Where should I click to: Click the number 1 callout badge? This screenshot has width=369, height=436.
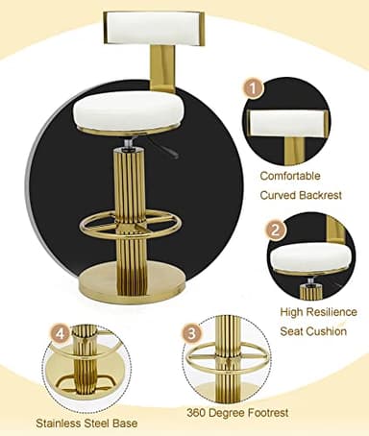tap(254, 87)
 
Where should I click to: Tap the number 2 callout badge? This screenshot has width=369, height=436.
tap(276, 230)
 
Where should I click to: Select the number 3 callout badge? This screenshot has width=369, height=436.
tap(192, 332)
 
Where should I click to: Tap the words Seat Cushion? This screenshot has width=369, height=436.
tap(312, 330)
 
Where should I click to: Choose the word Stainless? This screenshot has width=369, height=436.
tap(61, 422)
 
